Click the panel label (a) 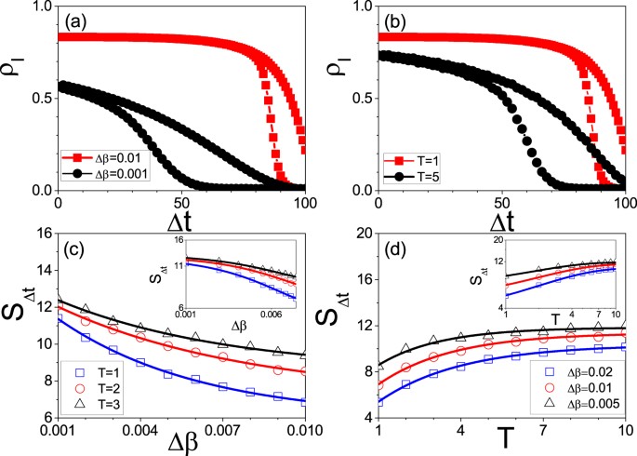tap(76, 20)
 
